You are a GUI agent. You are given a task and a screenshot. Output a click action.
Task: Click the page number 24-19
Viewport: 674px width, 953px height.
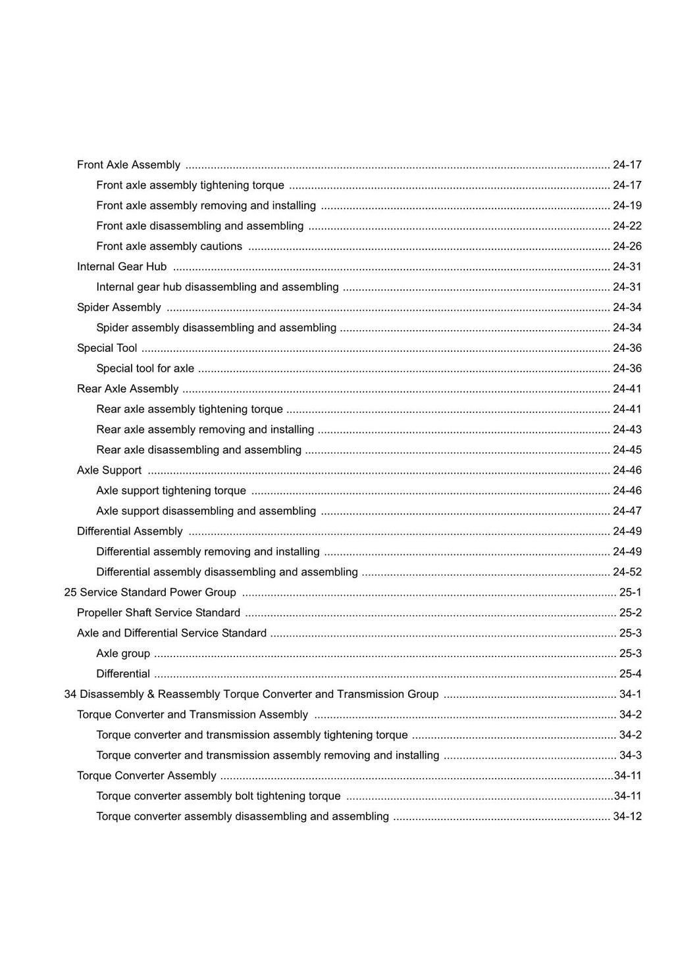627,206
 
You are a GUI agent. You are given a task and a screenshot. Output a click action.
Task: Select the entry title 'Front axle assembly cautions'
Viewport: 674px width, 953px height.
169,247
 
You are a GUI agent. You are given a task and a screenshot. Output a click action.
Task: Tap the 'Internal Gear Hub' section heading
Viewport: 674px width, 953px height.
122,267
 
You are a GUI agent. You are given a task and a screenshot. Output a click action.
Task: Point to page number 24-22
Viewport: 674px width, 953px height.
627,226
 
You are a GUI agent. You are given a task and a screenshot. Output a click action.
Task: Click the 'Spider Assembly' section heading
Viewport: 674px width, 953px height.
119,308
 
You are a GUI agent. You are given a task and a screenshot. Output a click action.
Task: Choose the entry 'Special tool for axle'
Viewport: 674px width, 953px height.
145,369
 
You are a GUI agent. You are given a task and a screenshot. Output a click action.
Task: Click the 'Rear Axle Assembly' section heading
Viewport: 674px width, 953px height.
128,389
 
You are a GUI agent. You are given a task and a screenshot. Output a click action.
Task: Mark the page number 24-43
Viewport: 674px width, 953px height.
627,430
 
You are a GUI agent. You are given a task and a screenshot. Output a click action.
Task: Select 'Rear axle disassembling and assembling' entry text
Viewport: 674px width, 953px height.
199,451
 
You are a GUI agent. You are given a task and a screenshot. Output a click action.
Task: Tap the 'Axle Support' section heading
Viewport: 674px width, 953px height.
109,471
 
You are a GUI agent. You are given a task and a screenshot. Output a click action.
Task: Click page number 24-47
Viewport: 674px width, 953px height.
627,512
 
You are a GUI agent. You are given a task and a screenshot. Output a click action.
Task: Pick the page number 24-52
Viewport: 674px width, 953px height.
627,573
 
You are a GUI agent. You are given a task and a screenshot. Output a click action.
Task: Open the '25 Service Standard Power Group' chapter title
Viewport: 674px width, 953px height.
150,593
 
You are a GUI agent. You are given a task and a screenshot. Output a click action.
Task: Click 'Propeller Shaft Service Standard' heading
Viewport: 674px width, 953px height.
159,613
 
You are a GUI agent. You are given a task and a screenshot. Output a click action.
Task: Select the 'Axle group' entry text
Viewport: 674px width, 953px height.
123,654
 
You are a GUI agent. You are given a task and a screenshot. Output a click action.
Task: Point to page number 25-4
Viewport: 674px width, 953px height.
630,674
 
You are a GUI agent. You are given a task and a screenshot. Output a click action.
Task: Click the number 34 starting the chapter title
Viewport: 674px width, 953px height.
70,695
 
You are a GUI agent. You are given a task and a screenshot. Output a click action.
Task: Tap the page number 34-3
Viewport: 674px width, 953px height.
630,756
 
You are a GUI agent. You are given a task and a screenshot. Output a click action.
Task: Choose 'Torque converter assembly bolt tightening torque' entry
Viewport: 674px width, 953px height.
219,796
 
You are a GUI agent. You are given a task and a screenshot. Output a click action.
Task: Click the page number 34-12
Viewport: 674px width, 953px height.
627,817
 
